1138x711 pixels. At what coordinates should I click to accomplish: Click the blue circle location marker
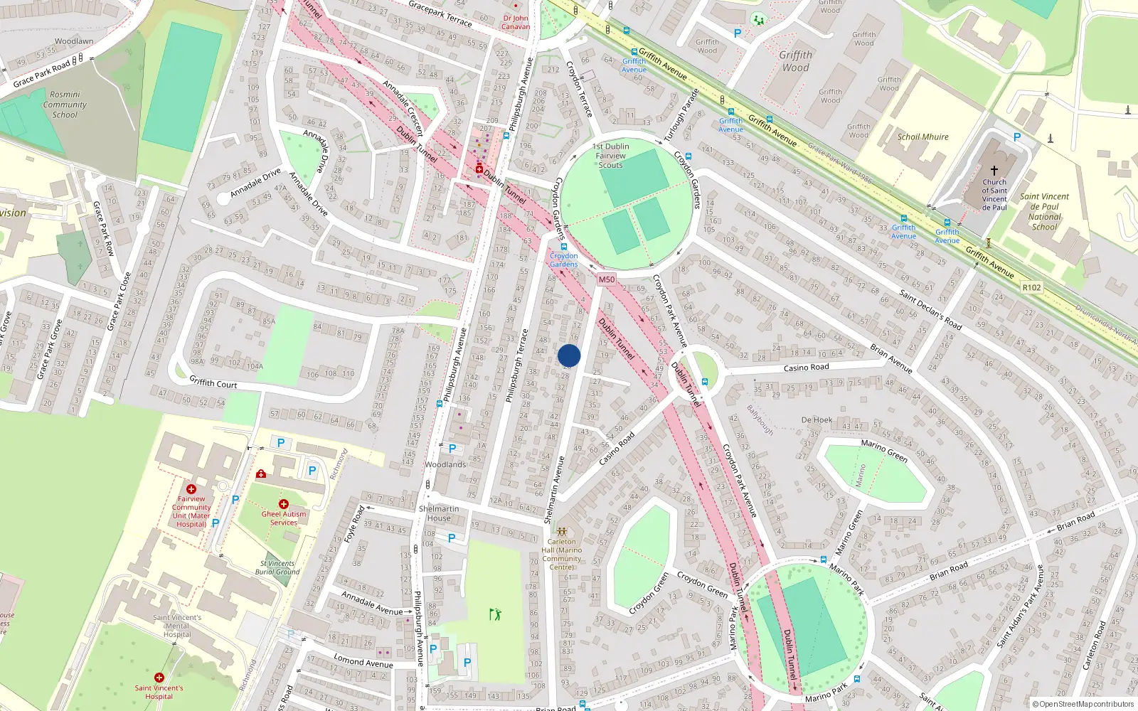[569, 355]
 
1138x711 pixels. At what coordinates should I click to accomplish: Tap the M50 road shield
[606, 279]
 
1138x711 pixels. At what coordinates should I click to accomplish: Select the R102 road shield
[1031, 287]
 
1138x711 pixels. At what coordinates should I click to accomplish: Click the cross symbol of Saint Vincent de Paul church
[994, 171]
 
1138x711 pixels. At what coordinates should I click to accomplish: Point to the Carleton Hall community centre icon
[562, 531]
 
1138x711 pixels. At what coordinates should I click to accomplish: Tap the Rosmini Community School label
[65, 105]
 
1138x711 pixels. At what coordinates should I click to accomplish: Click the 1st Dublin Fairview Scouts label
[610, 156]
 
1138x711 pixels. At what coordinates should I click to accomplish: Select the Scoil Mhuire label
[922, 137]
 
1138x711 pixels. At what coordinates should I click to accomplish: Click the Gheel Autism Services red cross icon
[283, 504]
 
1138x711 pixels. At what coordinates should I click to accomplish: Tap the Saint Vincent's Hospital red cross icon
[159, 678]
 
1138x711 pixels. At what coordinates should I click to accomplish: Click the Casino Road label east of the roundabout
[806, 368]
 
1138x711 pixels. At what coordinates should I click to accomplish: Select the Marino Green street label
[884, 451]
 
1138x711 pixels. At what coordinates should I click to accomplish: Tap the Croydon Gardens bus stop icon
[564, 247]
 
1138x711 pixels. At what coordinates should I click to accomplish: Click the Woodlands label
[445, 464]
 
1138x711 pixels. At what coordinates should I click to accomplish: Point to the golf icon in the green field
[495, 614]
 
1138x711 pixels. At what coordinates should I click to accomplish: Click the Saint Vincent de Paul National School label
[1044, 212]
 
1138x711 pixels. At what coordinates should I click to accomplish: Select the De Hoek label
[817, 419]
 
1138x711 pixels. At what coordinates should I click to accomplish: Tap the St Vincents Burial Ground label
[277, 567]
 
